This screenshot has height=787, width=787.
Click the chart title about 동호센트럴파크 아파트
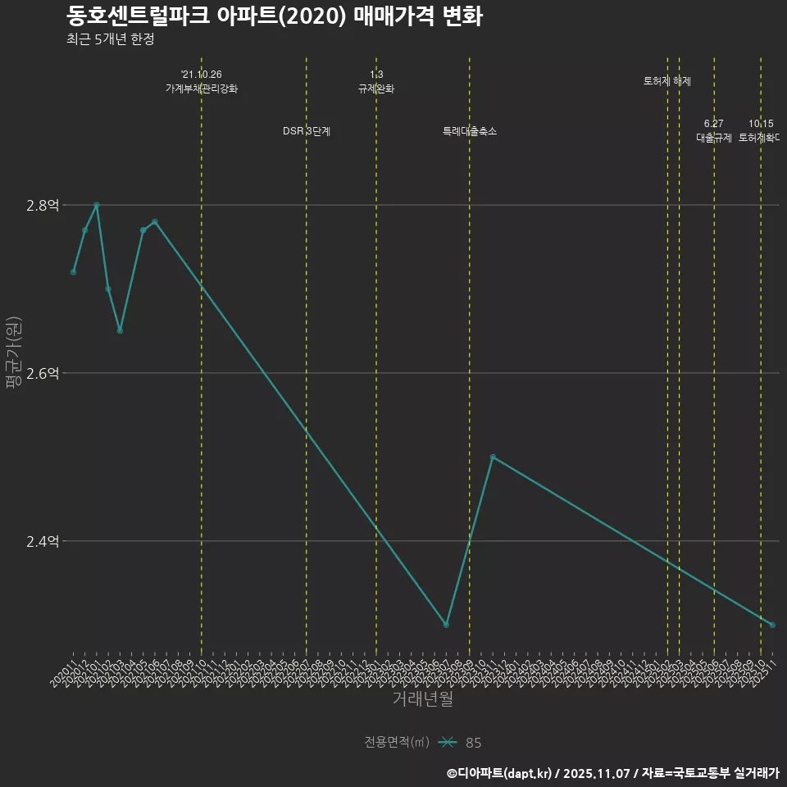(x=274, y=16)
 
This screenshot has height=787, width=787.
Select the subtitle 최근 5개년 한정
(x=110, y=39)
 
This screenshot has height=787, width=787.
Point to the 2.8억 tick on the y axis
(x=43, y=205)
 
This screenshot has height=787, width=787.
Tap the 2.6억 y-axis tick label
(x=43, y=373)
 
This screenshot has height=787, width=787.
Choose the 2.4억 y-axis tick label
(x=43, y=541)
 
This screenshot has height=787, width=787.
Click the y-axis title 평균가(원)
(x=12, y=354)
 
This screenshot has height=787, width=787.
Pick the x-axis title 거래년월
(x=422, y=698)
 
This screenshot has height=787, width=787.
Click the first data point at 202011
(x=73, y=272)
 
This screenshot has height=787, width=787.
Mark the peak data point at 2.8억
(x=97, y=205)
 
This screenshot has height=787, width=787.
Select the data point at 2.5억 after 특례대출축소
(x=493, y=457)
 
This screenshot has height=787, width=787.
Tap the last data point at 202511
(x=772, y=625)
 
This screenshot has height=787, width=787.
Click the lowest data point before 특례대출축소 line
(x=446, y=625)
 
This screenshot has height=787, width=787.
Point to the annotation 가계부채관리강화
(x=202, y=89)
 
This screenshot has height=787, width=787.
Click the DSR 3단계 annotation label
(x=307, y=131)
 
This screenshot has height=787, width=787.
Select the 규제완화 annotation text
(x=376, y=89)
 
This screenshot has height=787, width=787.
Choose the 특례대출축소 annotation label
(x=470, y=131)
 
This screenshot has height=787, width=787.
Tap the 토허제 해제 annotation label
(x=667, y=81)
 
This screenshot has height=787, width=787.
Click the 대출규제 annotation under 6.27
(x=714, y=137)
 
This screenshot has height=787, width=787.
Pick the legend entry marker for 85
(x=447, y=743)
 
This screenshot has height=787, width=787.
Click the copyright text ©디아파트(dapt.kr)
(x=500, y=772)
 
